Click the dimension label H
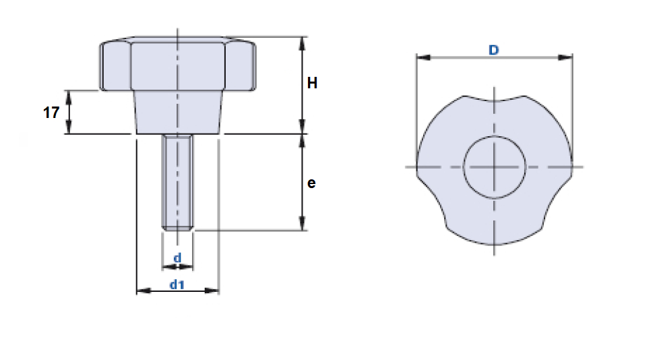312,84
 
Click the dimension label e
311,183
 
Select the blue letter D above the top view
494,50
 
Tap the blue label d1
177,284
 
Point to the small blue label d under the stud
177,258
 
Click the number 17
51,113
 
